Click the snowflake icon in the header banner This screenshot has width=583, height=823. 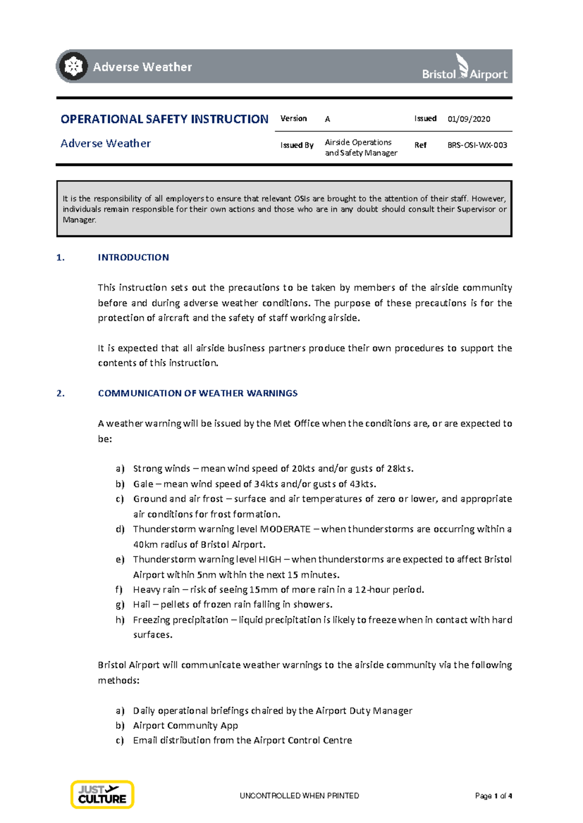click(x=73, y=66)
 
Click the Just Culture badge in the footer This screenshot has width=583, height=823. click(x=102, y=794)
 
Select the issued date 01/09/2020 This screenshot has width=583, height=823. click(x=468, y=119)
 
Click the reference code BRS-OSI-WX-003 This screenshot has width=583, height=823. click(x=477, y=145)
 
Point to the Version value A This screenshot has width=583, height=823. click(x=327, y=119)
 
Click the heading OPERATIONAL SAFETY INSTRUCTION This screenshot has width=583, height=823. click(x=164, y=119)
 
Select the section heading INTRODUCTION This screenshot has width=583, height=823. click(x=133, y=257)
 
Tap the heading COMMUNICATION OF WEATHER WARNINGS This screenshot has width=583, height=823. click(x=198, y=393)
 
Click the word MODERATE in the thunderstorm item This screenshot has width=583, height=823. click(x=285, y=529)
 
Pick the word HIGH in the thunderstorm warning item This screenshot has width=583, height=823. click(x=270, y=559)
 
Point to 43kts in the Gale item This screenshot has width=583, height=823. click(x=362, y=484)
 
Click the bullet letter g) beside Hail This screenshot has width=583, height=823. click(x=120, y=605)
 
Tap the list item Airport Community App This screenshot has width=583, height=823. click(x=185, y=725)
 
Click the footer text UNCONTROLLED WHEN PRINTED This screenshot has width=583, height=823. click(x=299, y=796)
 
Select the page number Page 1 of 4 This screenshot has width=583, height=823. click(x=493, y=796)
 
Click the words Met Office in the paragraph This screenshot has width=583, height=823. click(x=296, y=423)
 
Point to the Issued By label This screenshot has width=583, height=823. click(x=296, y=145)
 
